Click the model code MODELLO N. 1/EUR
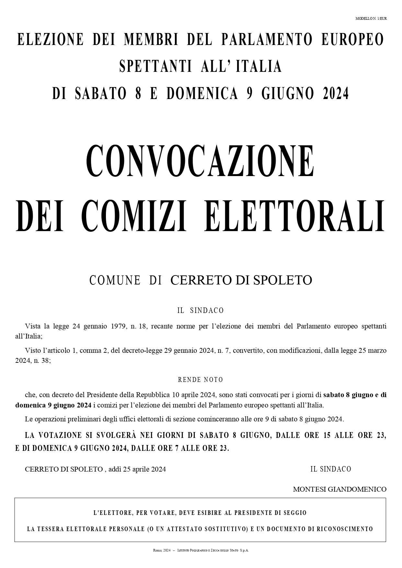click(371, 18)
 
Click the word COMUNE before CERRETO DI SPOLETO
click(115, 280)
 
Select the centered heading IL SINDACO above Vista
click(201, 310)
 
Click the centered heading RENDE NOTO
click(201, 380)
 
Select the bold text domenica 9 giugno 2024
click(53, 405)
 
